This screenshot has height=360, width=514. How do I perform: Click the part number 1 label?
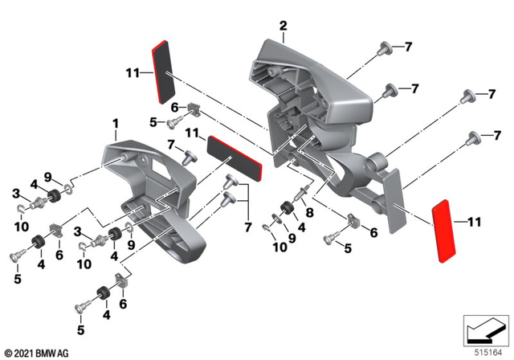click(x=116, y=124)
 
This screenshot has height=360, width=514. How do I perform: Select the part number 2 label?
click(x=283, y=27)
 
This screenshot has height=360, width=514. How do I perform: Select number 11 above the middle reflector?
click(x=192, y=132)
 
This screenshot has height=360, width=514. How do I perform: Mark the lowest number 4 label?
click(x=105, y=317)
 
